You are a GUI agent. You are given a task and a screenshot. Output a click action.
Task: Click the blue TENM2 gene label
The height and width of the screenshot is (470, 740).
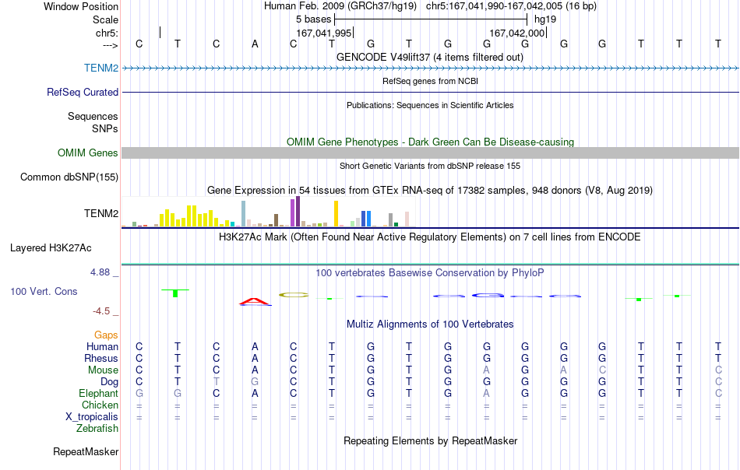click(101, 68)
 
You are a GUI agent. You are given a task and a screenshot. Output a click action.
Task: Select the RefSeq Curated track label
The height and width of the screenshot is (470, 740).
click(83, 92)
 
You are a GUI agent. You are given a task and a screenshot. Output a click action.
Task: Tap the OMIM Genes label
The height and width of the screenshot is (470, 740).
click(88, 153)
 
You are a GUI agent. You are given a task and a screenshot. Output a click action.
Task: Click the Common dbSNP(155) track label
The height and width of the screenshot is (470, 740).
click(69, 177)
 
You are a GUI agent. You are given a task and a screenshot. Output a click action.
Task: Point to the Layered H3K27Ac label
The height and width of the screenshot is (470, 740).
click(51, 248)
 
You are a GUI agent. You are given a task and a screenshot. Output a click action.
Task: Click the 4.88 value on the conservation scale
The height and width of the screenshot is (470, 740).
click(100, 272)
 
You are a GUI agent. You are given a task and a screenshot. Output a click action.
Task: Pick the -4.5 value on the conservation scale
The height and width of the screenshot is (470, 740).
click(101, 311)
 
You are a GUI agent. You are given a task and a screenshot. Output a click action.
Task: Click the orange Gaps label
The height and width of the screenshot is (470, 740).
click(106, 335)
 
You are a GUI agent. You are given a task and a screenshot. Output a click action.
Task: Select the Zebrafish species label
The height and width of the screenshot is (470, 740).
click(97, 429)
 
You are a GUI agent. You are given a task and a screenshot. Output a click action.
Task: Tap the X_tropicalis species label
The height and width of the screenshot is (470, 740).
click(92, 417)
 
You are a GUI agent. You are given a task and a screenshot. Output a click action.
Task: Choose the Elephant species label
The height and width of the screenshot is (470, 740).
click(98, 393)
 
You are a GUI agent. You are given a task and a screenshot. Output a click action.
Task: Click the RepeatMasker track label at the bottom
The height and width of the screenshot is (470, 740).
click(86, 451)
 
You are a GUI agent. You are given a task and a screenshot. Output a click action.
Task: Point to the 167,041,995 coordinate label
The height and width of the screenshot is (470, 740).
click(324, 33)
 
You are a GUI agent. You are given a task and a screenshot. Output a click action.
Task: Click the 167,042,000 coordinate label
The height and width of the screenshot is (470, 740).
click(517, 33)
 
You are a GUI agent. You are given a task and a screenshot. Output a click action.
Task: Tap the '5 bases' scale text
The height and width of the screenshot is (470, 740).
click(313, 19)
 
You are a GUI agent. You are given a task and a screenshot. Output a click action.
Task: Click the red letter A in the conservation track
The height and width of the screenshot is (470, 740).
click(255, 301)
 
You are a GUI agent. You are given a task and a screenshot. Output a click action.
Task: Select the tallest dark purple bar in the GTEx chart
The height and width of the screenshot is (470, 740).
click(298, 212)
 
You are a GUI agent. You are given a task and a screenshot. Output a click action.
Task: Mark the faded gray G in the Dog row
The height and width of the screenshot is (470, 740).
click(255, 381)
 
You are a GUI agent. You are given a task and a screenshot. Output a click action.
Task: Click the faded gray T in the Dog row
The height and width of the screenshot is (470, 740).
click(216, 381)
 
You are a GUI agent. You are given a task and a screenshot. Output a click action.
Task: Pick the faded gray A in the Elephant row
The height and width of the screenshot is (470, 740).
click(487, 393)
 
